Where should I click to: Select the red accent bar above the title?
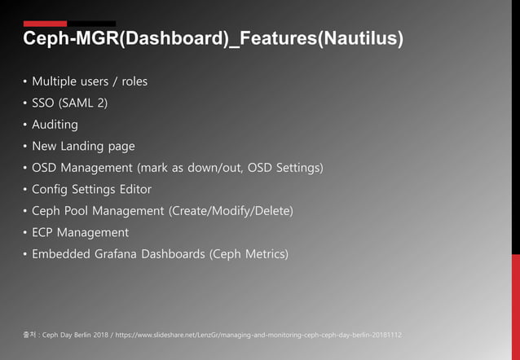point(45,24)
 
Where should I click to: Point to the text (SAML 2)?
point(84,103)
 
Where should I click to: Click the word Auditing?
point(55,125)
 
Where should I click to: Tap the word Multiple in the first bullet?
point(57,81)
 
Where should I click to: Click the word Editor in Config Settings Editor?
point(132,190)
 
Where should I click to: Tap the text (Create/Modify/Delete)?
point(231,211)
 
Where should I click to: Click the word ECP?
point(45,233)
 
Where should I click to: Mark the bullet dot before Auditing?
point(24,125)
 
